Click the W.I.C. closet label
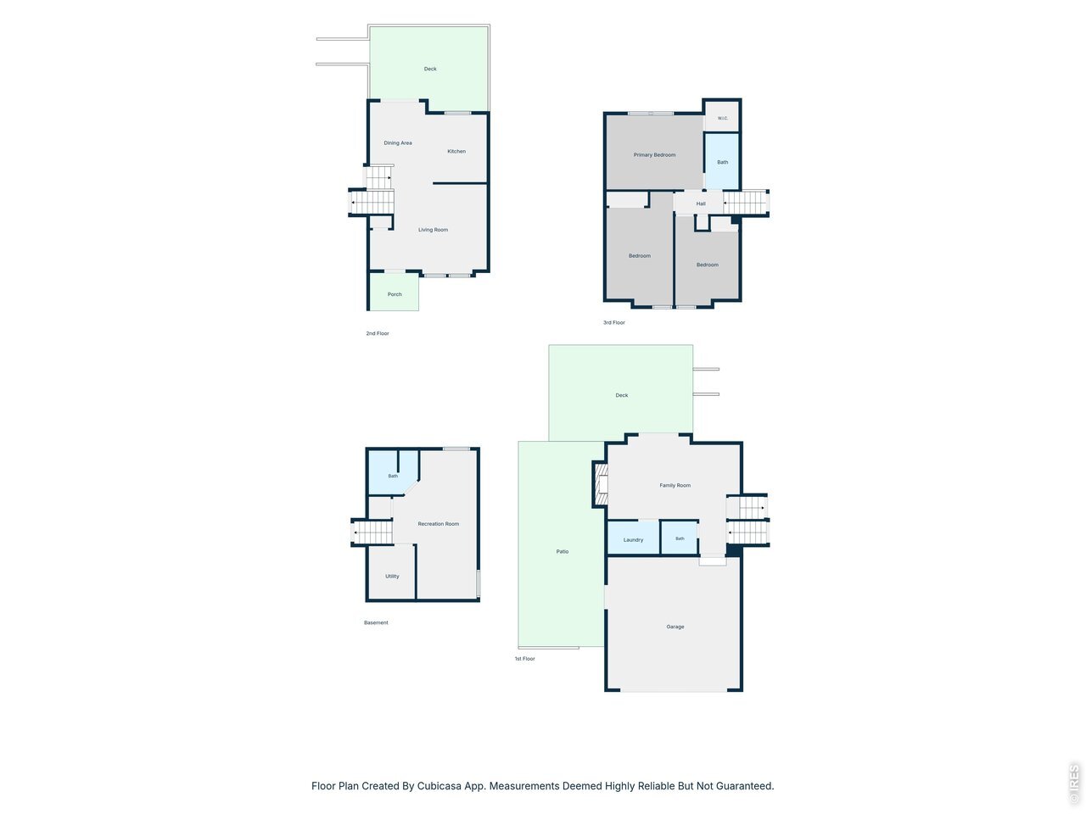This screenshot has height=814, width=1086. [x=722, y=118]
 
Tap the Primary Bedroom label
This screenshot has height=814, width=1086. [x=654, y=154]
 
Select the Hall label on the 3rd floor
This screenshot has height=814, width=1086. [x=701, y=203]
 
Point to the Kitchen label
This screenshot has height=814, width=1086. [x=456, y=151]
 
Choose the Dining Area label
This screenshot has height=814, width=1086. [x=398, y=142]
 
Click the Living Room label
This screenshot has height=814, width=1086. [x=433, y=230]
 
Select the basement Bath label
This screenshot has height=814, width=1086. [x=393, y=476]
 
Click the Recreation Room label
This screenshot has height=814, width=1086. [x=439, y=524]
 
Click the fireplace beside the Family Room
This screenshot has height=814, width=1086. [x=600, y=483]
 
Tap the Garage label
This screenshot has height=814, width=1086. [x=675, y=627]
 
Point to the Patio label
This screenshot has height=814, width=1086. [x=562, y=551]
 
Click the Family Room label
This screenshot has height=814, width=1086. [x=675, y=485]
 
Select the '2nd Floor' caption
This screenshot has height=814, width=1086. [x=378, y=333]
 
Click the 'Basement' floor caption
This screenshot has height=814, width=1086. [x=376, y=622]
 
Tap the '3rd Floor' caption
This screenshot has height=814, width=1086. [x=614, y=323]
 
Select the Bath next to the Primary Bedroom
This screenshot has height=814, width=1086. [x=722, y=161]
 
